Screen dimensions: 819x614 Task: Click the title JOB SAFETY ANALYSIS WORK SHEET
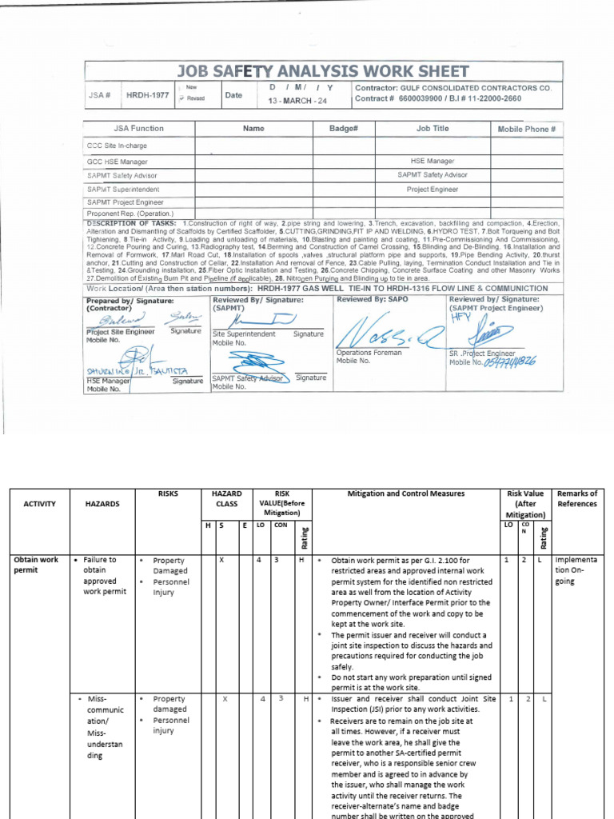coord(323,71)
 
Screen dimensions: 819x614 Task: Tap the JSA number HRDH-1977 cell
coord(147,94)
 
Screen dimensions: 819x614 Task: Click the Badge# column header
coord(342,128)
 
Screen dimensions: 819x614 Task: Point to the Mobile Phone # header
coord(526,129)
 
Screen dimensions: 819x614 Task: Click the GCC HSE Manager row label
coord(117,161)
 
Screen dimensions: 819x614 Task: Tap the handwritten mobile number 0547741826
coord(509,362)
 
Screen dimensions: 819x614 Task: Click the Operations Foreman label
coord(369,353)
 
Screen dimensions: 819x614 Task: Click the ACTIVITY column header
coord(39,504)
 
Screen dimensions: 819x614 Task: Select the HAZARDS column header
coord(102,504)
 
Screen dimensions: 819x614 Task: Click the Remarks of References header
coord(576,499)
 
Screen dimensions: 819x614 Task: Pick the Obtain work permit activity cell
coord(36,565)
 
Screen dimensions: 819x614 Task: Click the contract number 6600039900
coord(421,99)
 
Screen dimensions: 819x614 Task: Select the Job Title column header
coord(433,128)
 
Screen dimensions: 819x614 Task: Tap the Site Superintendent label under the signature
coord(244,334)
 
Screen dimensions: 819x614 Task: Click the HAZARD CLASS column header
coord(228,499)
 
